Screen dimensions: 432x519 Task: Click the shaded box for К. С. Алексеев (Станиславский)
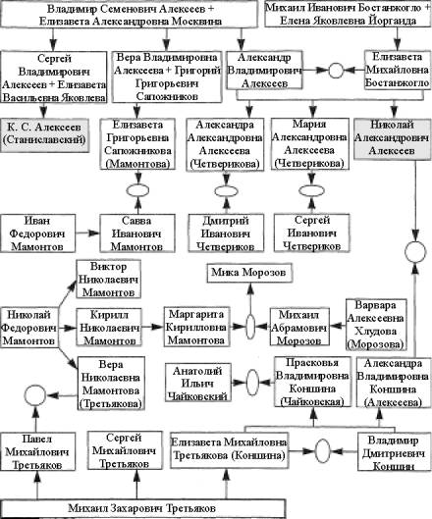(44, 135)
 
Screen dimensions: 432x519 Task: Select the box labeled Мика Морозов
(249, 273)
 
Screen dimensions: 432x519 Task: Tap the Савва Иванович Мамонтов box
(137, 234)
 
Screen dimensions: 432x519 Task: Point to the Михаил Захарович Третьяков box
(142, 508)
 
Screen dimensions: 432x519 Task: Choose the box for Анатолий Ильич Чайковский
(198, 383)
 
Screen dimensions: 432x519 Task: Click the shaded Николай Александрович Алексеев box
(393, 137)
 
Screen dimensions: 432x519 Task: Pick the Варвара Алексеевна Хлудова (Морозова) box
(376, 325)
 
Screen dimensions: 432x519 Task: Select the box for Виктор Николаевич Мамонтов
(109, 280)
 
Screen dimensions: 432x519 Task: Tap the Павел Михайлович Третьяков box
(37, 452)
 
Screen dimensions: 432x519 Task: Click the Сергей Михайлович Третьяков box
(125, 450)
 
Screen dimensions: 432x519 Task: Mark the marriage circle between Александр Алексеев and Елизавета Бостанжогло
(336, 71)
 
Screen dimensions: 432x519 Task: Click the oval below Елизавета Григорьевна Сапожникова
(138, 190)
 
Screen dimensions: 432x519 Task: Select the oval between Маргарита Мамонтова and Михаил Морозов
(250, 327)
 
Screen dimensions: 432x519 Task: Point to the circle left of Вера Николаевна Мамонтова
(34, 395)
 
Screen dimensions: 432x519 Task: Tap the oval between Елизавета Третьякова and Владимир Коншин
(322, 451)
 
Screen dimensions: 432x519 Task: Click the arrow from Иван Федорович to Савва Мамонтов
(87, 234)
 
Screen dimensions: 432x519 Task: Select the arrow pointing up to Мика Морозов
(250, 299)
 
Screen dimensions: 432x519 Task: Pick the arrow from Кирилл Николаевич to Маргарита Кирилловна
(152, 327)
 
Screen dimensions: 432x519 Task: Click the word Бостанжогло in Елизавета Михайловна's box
(398, 82)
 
